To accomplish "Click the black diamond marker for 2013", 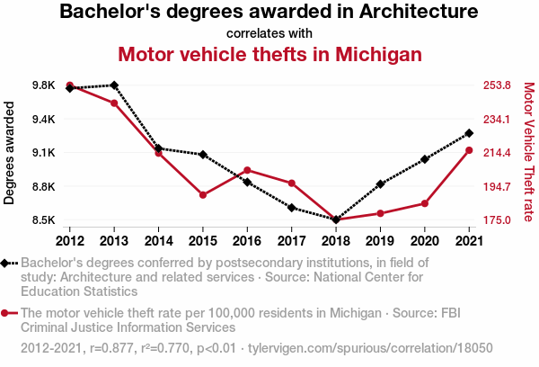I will (x=114, y=85).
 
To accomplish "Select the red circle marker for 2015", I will (x=203, y=195).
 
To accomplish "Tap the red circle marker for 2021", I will (x=469, y=150).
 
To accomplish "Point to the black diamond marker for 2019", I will (x=380, y=184).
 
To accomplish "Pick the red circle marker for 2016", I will (x=247, y=170).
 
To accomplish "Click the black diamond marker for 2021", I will (x=469, y=134).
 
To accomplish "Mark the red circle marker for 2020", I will (x=424, y=203).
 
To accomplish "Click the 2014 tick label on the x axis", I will (x=158, y=240).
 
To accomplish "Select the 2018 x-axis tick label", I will (x=336, y=240).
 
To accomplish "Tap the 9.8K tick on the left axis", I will (x=42, y=85).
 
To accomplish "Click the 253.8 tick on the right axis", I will (x=496, y=85).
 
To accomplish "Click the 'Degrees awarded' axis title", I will (x=10, y=153).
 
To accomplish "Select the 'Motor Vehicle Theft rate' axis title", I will (x=528, y=153).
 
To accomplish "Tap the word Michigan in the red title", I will (x=375, y=54).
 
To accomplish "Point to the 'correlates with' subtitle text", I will (x=269, y=33).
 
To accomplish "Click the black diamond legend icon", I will (x=6, y=263).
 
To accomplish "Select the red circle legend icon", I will (x=6, y=313).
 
